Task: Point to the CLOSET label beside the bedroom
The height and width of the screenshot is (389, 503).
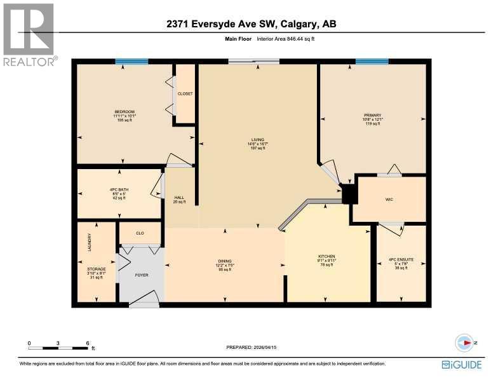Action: point(185,93)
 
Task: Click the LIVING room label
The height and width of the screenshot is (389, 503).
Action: point(257,140)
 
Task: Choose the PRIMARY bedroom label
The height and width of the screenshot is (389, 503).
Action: point(372,115)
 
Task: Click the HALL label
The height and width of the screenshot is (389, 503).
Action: point(179,198)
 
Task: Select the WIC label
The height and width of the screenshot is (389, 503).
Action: point(389,200)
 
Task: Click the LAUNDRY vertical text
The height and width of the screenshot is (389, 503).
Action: point(90,242)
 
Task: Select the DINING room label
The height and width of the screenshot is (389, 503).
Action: point(225,261)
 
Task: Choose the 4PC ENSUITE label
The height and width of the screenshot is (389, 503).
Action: point(401,259)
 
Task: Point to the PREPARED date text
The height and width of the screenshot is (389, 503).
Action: point(252,347)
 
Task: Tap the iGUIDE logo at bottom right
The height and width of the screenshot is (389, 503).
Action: point(462,364)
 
